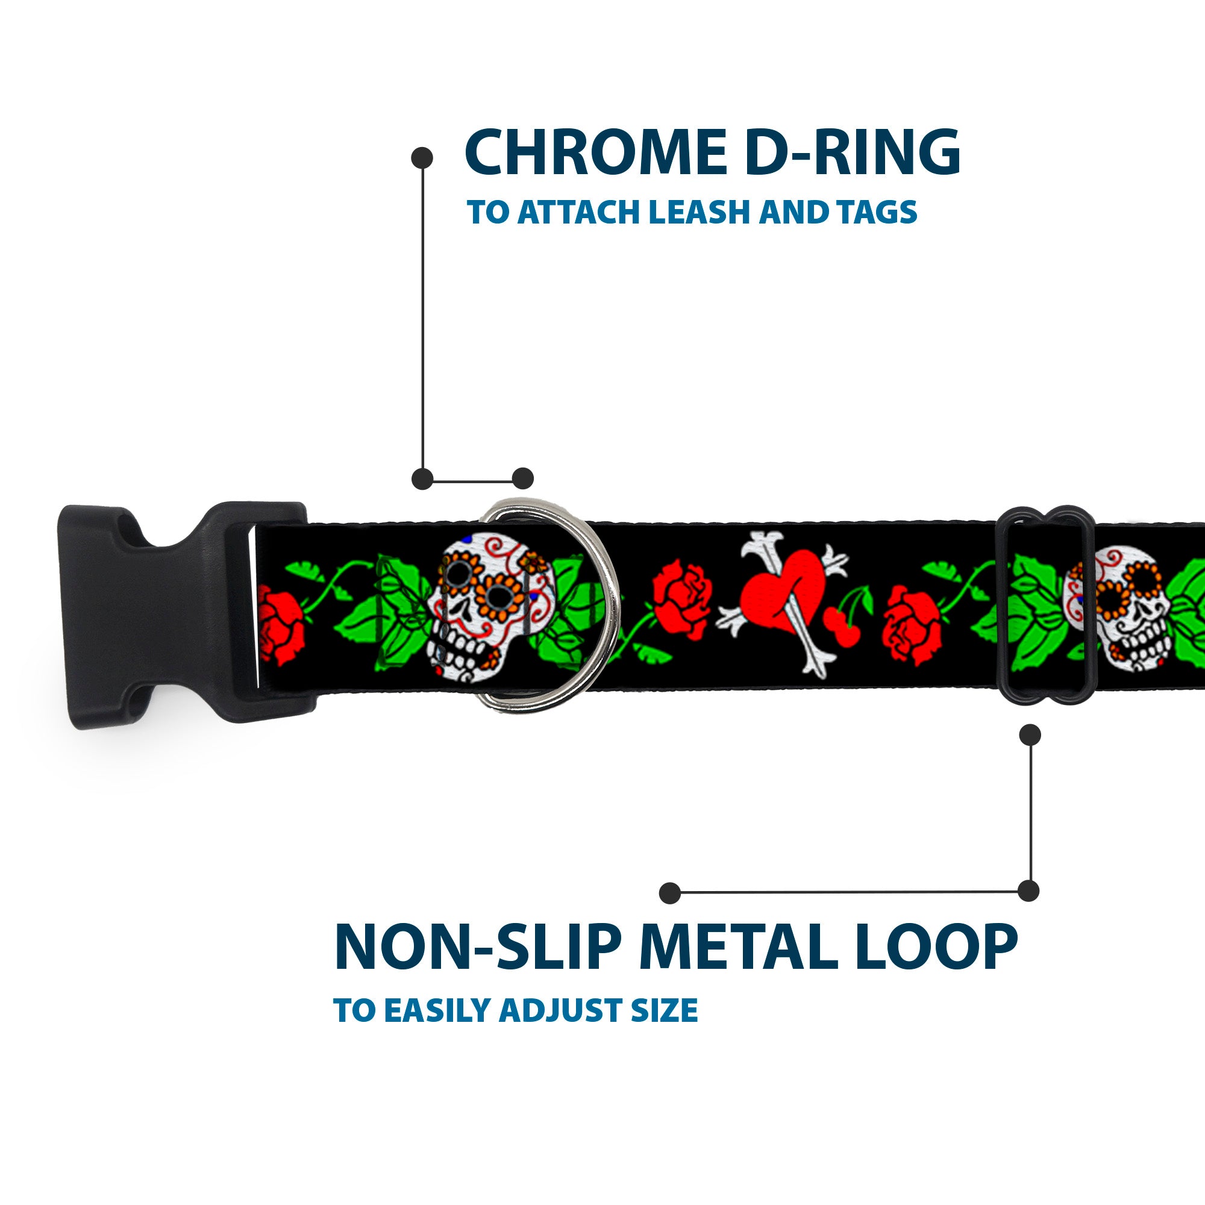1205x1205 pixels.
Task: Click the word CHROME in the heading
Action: click(592, 153)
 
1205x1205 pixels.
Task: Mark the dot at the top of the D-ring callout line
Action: click(423, 158)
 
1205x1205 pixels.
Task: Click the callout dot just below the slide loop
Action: click(1029, 734)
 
